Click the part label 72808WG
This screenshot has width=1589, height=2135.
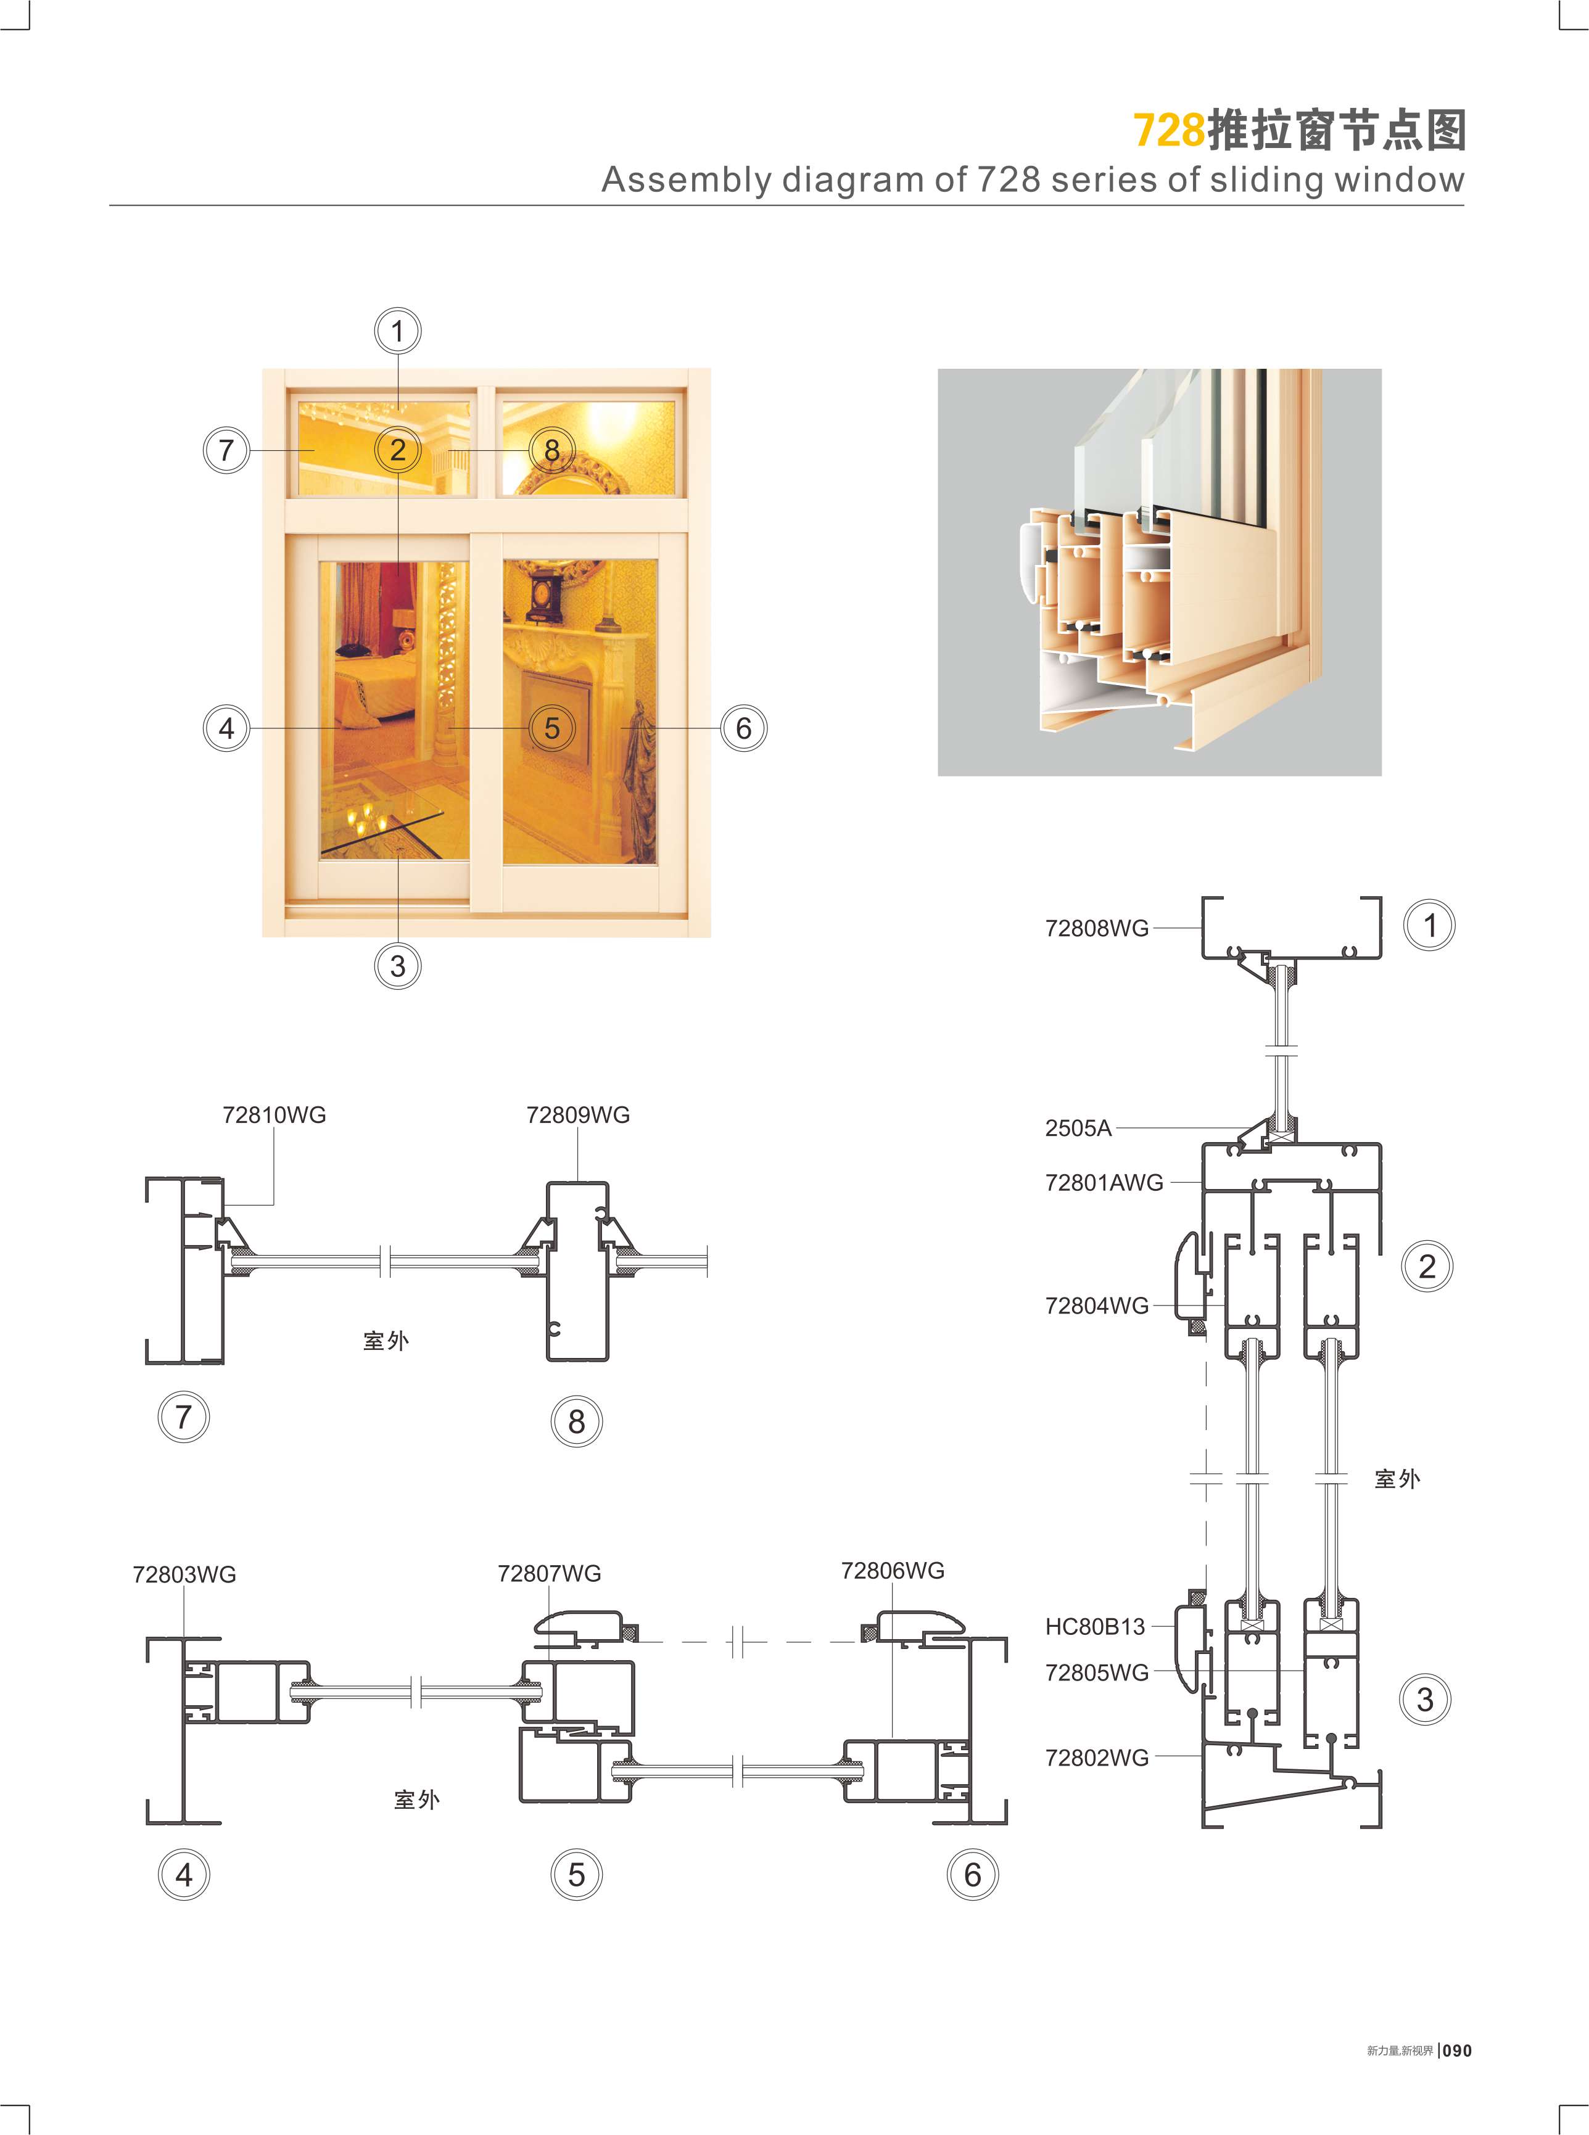pos(1097,928)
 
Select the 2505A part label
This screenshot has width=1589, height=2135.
pos(1078,1128)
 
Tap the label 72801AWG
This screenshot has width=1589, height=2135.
pos(1104,1182)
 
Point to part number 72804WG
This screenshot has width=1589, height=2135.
pos(1097,1305)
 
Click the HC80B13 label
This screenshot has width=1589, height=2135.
pos(1095,1626)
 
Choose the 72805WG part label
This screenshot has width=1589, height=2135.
pos(1097,1672)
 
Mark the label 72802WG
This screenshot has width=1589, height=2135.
pos(1097,1757)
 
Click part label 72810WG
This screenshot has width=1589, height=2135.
pos(274,1114)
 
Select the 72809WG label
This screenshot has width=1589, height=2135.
pos(578,1114)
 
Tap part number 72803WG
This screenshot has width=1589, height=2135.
pos(184,1574)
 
